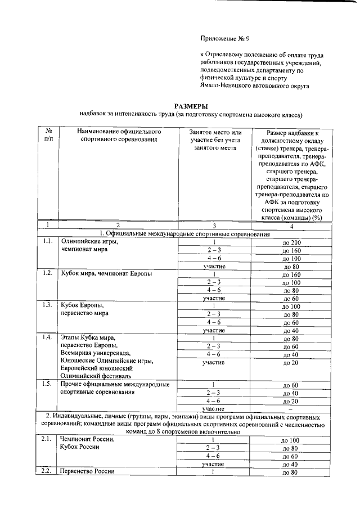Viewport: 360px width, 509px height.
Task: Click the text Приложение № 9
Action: click(x=225, y=38)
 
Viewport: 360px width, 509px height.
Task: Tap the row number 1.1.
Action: click(x=48, y=242)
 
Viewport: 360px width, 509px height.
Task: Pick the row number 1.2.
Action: click(x=48, y=274)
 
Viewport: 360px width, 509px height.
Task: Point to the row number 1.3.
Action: click(x=48, y=305)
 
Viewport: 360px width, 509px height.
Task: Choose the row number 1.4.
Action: click(x=48, y=337)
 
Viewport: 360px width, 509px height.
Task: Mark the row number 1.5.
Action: click(x=48, y=385)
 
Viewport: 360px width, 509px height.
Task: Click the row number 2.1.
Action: click(x=48, y=440)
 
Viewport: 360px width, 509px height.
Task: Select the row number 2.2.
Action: click(x=48, y=471)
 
